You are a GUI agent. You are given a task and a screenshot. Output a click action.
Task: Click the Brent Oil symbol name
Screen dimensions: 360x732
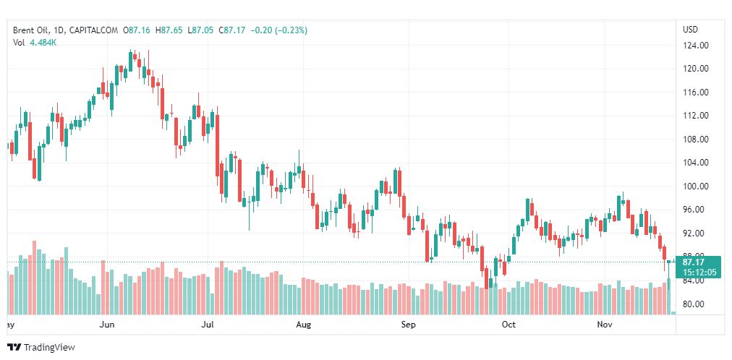tap(32, 30)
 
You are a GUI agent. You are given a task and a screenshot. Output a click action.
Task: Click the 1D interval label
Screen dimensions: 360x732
tap(60, 30)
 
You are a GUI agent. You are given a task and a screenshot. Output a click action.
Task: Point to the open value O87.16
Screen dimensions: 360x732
tap(137, 30)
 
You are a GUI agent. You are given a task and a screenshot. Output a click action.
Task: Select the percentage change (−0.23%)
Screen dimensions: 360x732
tap(289, 30)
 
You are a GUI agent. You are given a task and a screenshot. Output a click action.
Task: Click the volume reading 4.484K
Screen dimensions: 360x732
tap(43, 43)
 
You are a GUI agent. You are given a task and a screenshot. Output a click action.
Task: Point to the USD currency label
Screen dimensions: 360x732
tap(690, 30)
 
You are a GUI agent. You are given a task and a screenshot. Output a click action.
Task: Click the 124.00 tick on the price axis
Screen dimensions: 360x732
tap(694, 46)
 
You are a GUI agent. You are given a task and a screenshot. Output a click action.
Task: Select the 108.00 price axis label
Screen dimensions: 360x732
tap(694, 140)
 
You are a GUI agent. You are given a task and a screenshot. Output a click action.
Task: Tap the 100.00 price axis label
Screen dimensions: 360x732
tap(694, 187)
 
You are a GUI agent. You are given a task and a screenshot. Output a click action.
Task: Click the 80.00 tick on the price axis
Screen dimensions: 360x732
tap(694, 304)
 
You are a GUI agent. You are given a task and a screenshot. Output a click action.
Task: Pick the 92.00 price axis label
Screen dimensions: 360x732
tap(694, 233)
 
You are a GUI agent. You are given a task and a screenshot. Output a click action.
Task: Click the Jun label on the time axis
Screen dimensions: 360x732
tap(107, 325)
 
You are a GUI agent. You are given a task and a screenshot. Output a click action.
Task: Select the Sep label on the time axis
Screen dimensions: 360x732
tap(409, 325)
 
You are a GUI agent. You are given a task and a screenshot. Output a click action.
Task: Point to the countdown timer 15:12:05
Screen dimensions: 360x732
tap(698, 272)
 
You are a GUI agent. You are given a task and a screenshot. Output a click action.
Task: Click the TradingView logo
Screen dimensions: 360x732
tap(41, 348)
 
